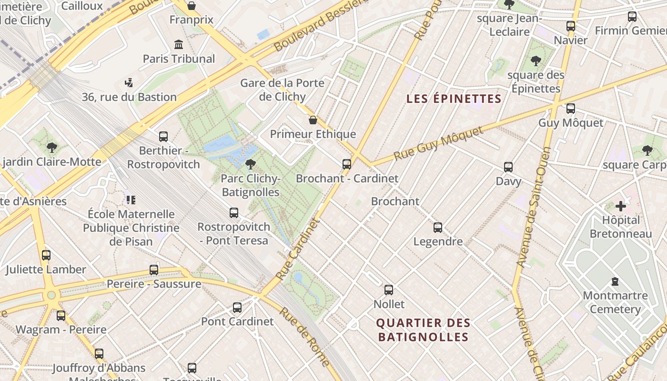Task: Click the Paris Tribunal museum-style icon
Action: point(179,45)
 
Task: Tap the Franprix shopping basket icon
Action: point(191,6)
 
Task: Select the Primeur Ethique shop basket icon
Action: point(313,120)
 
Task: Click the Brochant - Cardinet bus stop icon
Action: point(347,164)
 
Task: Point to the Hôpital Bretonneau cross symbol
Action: point(620,206)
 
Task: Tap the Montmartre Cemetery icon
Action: point(615,281)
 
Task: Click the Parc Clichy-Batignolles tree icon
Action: point(250,164)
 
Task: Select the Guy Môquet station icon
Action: point(571,109)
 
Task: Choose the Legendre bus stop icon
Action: point(438,228)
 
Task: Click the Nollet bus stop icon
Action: point(389,290)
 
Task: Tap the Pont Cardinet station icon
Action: point(237,308)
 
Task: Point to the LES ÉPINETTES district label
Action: point(454,99)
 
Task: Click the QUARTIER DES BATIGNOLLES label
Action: point(423,330)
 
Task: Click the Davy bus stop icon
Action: point(508,167)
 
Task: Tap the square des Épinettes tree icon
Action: point(536,61)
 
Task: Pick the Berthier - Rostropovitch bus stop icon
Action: point(163,137)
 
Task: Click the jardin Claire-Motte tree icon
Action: point(52,148)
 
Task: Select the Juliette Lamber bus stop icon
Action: point(46,255)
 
